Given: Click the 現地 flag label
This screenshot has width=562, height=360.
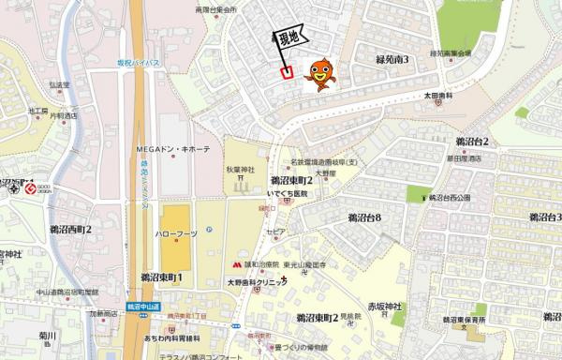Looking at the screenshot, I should click(289, 38).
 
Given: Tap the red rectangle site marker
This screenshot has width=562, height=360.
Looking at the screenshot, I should click(288, 69).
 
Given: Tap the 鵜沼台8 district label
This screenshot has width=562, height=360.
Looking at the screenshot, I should click(364, 217).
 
